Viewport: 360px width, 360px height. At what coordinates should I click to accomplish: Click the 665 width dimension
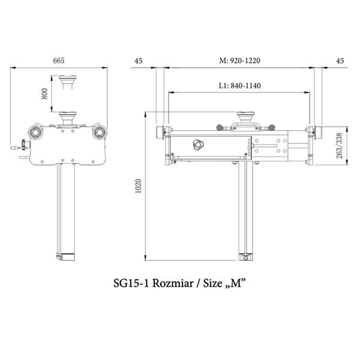pos(59,61)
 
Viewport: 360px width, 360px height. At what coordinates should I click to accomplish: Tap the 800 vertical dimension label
pos(44,94)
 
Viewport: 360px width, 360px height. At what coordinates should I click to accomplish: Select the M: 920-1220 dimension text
pos(239,61)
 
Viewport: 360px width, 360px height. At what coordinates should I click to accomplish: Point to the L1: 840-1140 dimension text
pos(239,86)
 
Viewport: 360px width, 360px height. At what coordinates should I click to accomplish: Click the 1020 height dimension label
pos(138,186)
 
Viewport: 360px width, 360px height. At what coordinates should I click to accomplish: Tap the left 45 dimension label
pos(139,61)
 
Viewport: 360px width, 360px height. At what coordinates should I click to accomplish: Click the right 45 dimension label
pos(340,61)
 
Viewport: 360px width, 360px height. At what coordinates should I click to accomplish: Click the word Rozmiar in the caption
pos(173,283)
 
